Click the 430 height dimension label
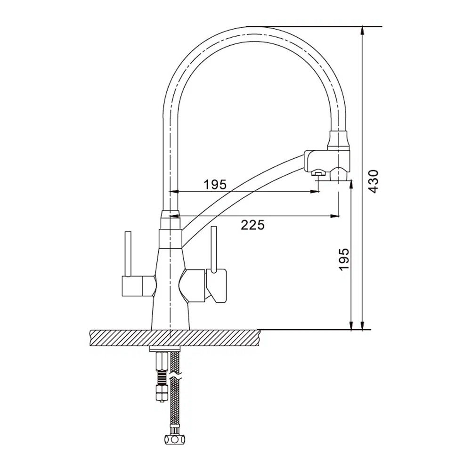click(374, 181)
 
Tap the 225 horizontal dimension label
click(252, 225)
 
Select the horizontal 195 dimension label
click(215, 185)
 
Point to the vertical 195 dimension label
click(344, 259)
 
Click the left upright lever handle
click(128, 254)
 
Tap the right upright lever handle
click(214, 249)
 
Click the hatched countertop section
click(175, 338)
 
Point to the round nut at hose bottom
click(175, 439)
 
